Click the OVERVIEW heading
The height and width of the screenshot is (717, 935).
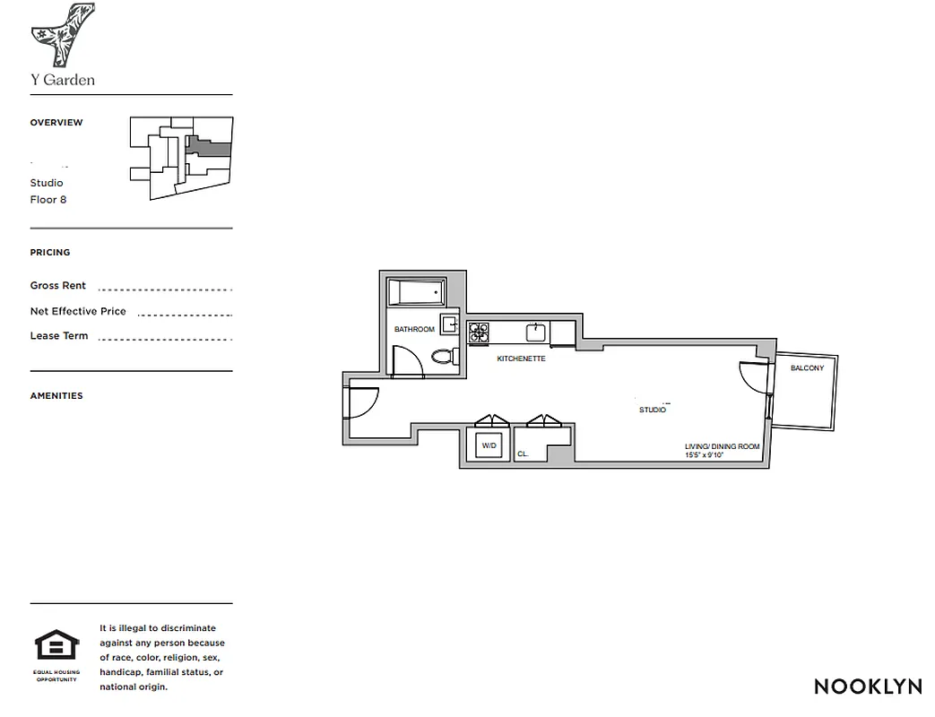pyautogui.click(x=56, y=123)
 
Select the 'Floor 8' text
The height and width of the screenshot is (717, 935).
pyautogui.click(x=48, y=200)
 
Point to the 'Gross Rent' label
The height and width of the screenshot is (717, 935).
pyautogui.click(x=58, y=286)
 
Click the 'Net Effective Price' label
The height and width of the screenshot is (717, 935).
pyautogui.click(x=78, y=312)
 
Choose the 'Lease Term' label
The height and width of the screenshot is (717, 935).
pyautogui.click(x=59, y=336)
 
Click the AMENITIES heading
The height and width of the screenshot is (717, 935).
pyautogui.click(x=56, y=396)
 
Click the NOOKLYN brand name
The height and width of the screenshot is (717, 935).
pyautogui.click(x=868, y=687)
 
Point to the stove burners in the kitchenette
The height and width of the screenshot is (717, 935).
pyautogui.click(x=478, y=333)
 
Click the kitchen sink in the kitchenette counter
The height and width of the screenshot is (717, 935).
pyautogui.click(x=536, y=333)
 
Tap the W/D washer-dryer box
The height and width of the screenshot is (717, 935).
pyautogui.click(x=489, y=445)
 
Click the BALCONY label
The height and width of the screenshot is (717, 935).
pyautogui.click(x=807, y=368)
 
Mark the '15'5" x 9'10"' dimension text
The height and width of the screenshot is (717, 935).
pyautogui.click(x=703, y=455)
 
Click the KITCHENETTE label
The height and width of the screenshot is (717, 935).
pyautogui.click(x=521, y=358)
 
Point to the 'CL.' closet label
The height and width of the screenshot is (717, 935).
pyautogui.click(x=523, y=454)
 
